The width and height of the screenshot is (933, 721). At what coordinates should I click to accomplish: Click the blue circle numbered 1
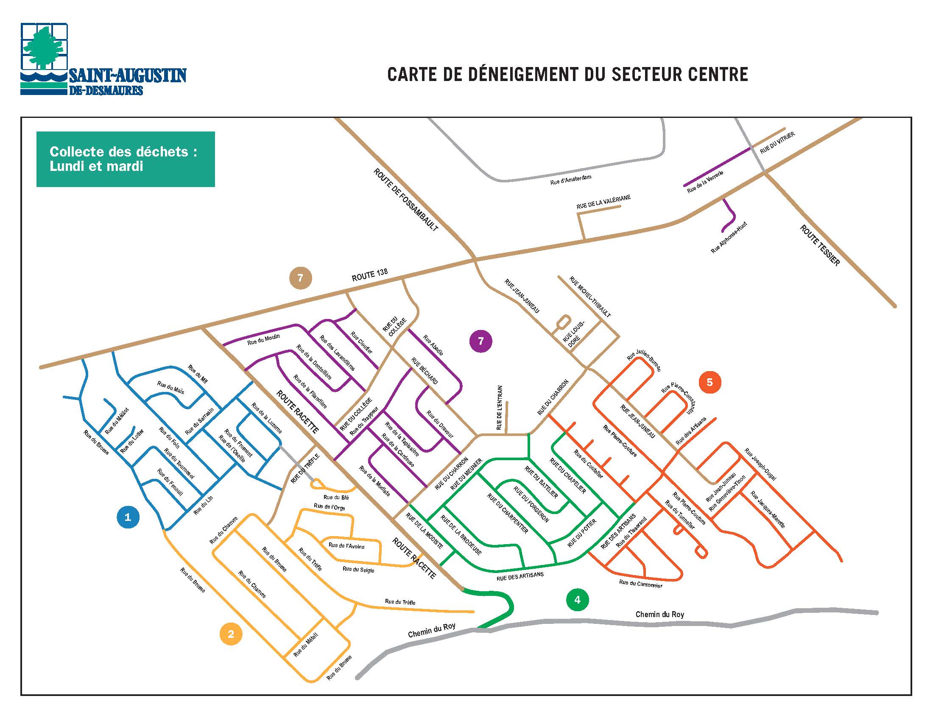(128, 517)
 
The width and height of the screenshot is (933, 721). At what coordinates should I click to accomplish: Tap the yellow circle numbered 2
(231, 634)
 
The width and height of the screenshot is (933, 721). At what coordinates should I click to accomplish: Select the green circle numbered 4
(577, 600)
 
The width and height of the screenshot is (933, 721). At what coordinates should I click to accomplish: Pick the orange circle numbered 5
(710, 382)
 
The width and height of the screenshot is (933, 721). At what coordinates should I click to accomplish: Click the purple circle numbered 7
(480, 341)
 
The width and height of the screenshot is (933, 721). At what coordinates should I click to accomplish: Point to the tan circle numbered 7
(300, 278)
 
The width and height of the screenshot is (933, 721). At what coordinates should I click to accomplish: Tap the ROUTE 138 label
(369, 276)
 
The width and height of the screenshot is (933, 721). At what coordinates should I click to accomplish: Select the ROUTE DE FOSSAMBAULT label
(405, 199)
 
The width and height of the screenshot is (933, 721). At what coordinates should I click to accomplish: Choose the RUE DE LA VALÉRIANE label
(603, 202)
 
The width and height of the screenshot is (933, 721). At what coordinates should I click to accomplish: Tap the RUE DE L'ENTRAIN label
(500, 408)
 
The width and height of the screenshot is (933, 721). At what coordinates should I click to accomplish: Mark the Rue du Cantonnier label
(640, 584)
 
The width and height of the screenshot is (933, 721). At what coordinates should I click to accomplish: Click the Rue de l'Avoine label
(346, 546)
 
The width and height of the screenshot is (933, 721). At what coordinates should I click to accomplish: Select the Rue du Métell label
(306, 645)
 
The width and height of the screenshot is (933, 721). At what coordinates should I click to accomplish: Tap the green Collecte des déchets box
(126, 159)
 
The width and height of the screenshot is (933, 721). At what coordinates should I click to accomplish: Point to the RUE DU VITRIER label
(777, 143)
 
